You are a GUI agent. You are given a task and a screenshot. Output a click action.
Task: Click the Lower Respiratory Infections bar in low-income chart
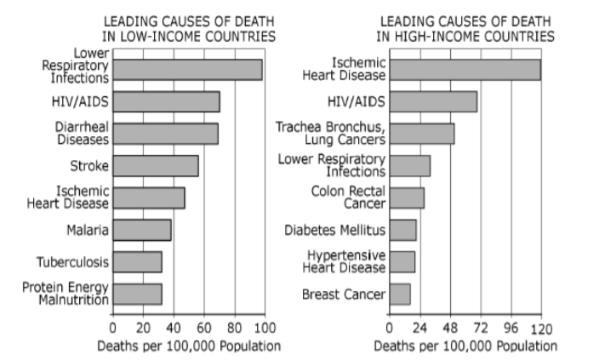(187, 70)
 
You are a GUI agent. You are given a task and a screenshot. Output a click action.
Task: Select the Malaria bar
(141, 230)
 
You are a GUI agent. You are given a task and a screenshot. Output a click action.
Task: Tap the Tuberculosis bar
(137, 262)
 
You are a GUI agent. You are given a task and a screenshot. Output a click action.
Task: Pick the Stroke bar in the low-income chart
(155, 165)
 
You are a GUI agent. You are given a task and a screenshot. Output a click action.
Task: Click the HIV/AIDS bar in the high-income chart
(432, 102)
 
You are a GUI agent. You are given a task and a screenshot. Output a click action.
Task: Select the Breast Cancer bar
(399, 294)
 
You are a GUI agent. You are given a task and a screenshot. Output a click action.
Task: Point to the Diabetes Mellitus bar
(402, 230)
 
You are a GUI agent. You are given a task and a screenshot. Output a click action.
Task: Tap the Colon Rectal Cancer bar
(406, 197)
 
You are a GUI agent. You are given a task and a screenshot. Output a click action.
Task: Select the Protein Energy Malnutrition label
(66, 294)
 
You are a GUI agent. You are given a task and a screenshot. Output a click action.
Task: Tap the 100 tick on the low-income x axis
(264, 327)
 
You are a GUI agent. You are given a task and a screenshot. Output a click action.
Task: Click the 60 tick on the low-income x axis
(203, 327)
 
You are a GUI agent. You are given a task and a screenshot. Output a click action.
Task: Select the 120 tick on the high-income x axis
(541, 327)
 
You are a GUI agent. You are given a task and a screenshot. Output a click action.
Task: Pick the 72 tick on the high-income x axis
(481, 327)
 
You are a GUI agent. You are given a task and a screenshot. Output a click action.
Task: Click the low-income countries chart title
(189, 28)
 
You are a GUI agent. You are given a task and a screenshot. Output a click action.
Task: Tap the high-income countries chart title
(465, 28)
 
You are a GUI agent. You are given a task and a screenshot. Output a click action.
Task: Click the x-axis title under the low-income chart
(189, 346)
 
